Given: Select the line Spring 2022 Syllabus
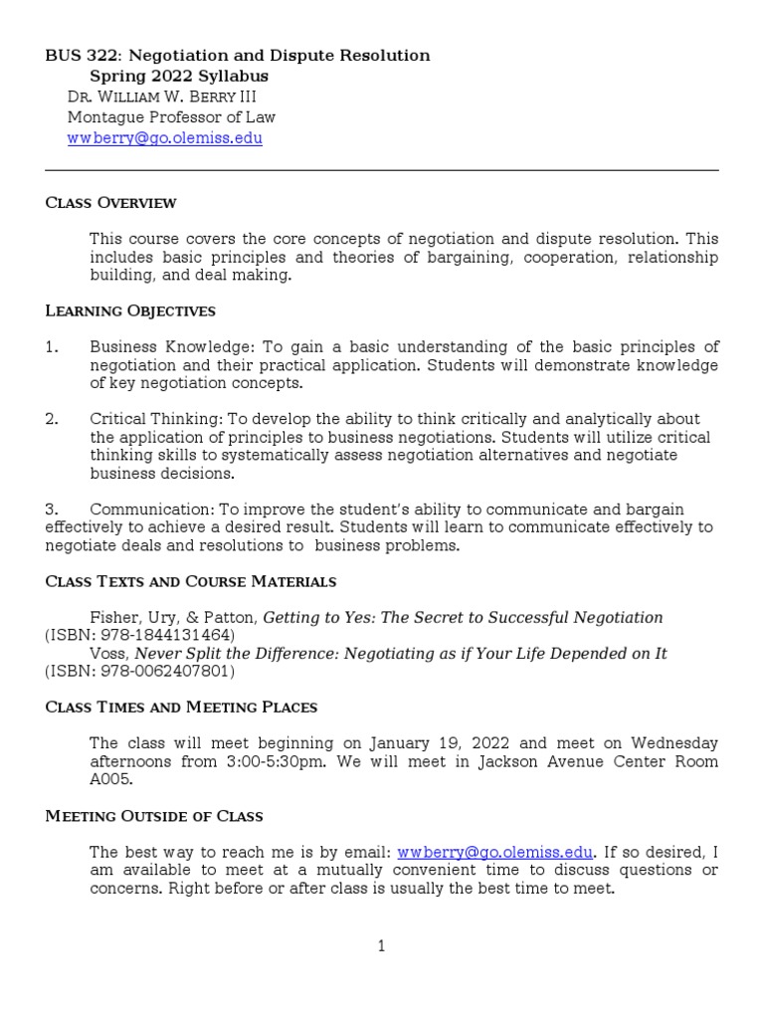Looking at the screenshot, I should [179, 77].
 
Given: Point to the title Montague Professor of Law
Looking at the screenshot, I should [171, 117].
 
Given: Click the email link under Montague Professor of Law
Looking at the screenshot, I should [165, 138].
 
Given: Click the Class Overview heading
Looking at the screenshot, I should [111, 203].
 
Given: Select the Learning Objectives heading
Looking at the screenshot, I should [130, 311].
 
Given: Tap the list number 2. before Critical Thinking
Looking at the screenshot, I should [52, 419].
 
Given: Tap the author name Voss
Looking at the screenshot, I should [108, 654].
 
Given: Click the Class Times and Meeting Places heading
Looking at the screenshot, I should [182, 708].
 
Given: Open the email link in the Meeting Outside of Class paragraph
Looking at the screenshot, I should [495, 853].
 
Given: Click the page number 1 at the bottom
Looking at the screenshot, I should [381, 946].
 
